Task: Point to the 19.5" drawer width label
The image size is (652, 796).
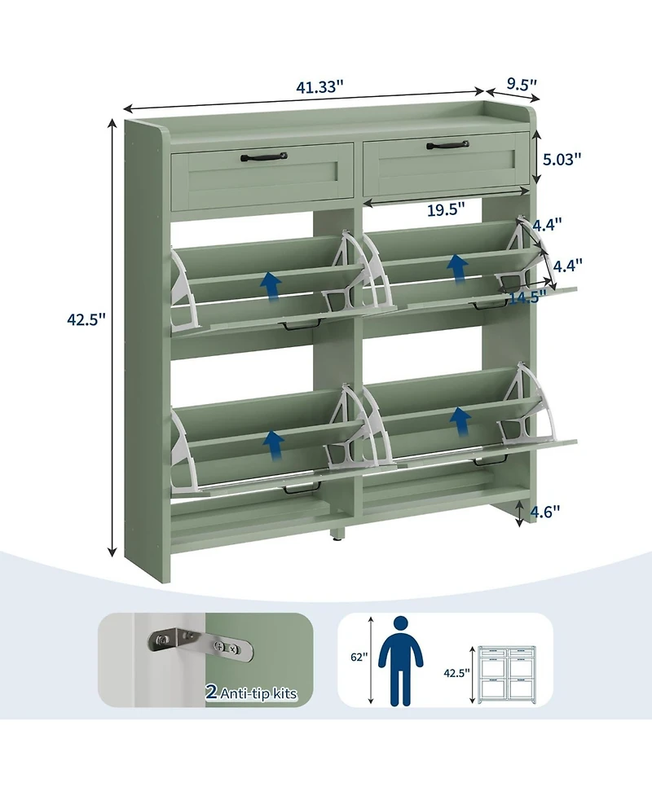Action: click(446, 209)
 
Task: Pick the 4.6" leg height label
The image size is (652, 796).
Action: click(544, 512)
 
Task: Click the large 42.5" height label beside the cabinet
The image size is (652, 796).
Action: click(87, 320)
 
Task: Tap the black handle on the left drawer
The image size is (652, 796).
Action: click(262, 155)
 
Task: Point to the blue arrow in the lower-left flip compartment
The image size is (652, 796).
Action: click(273, 442)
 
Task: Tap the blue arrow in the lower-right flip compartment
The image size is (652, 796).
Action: click(461, 421)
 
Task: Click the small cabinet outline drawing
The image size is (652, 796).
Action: click(506, 674)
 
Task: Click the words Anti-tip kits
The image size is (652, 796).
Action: click(258, 694)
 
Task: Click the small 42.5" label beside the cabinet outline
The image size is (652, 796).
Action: click(456, 674)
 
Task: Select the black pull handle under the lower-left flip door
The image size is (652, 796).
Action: click(301, 490)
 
